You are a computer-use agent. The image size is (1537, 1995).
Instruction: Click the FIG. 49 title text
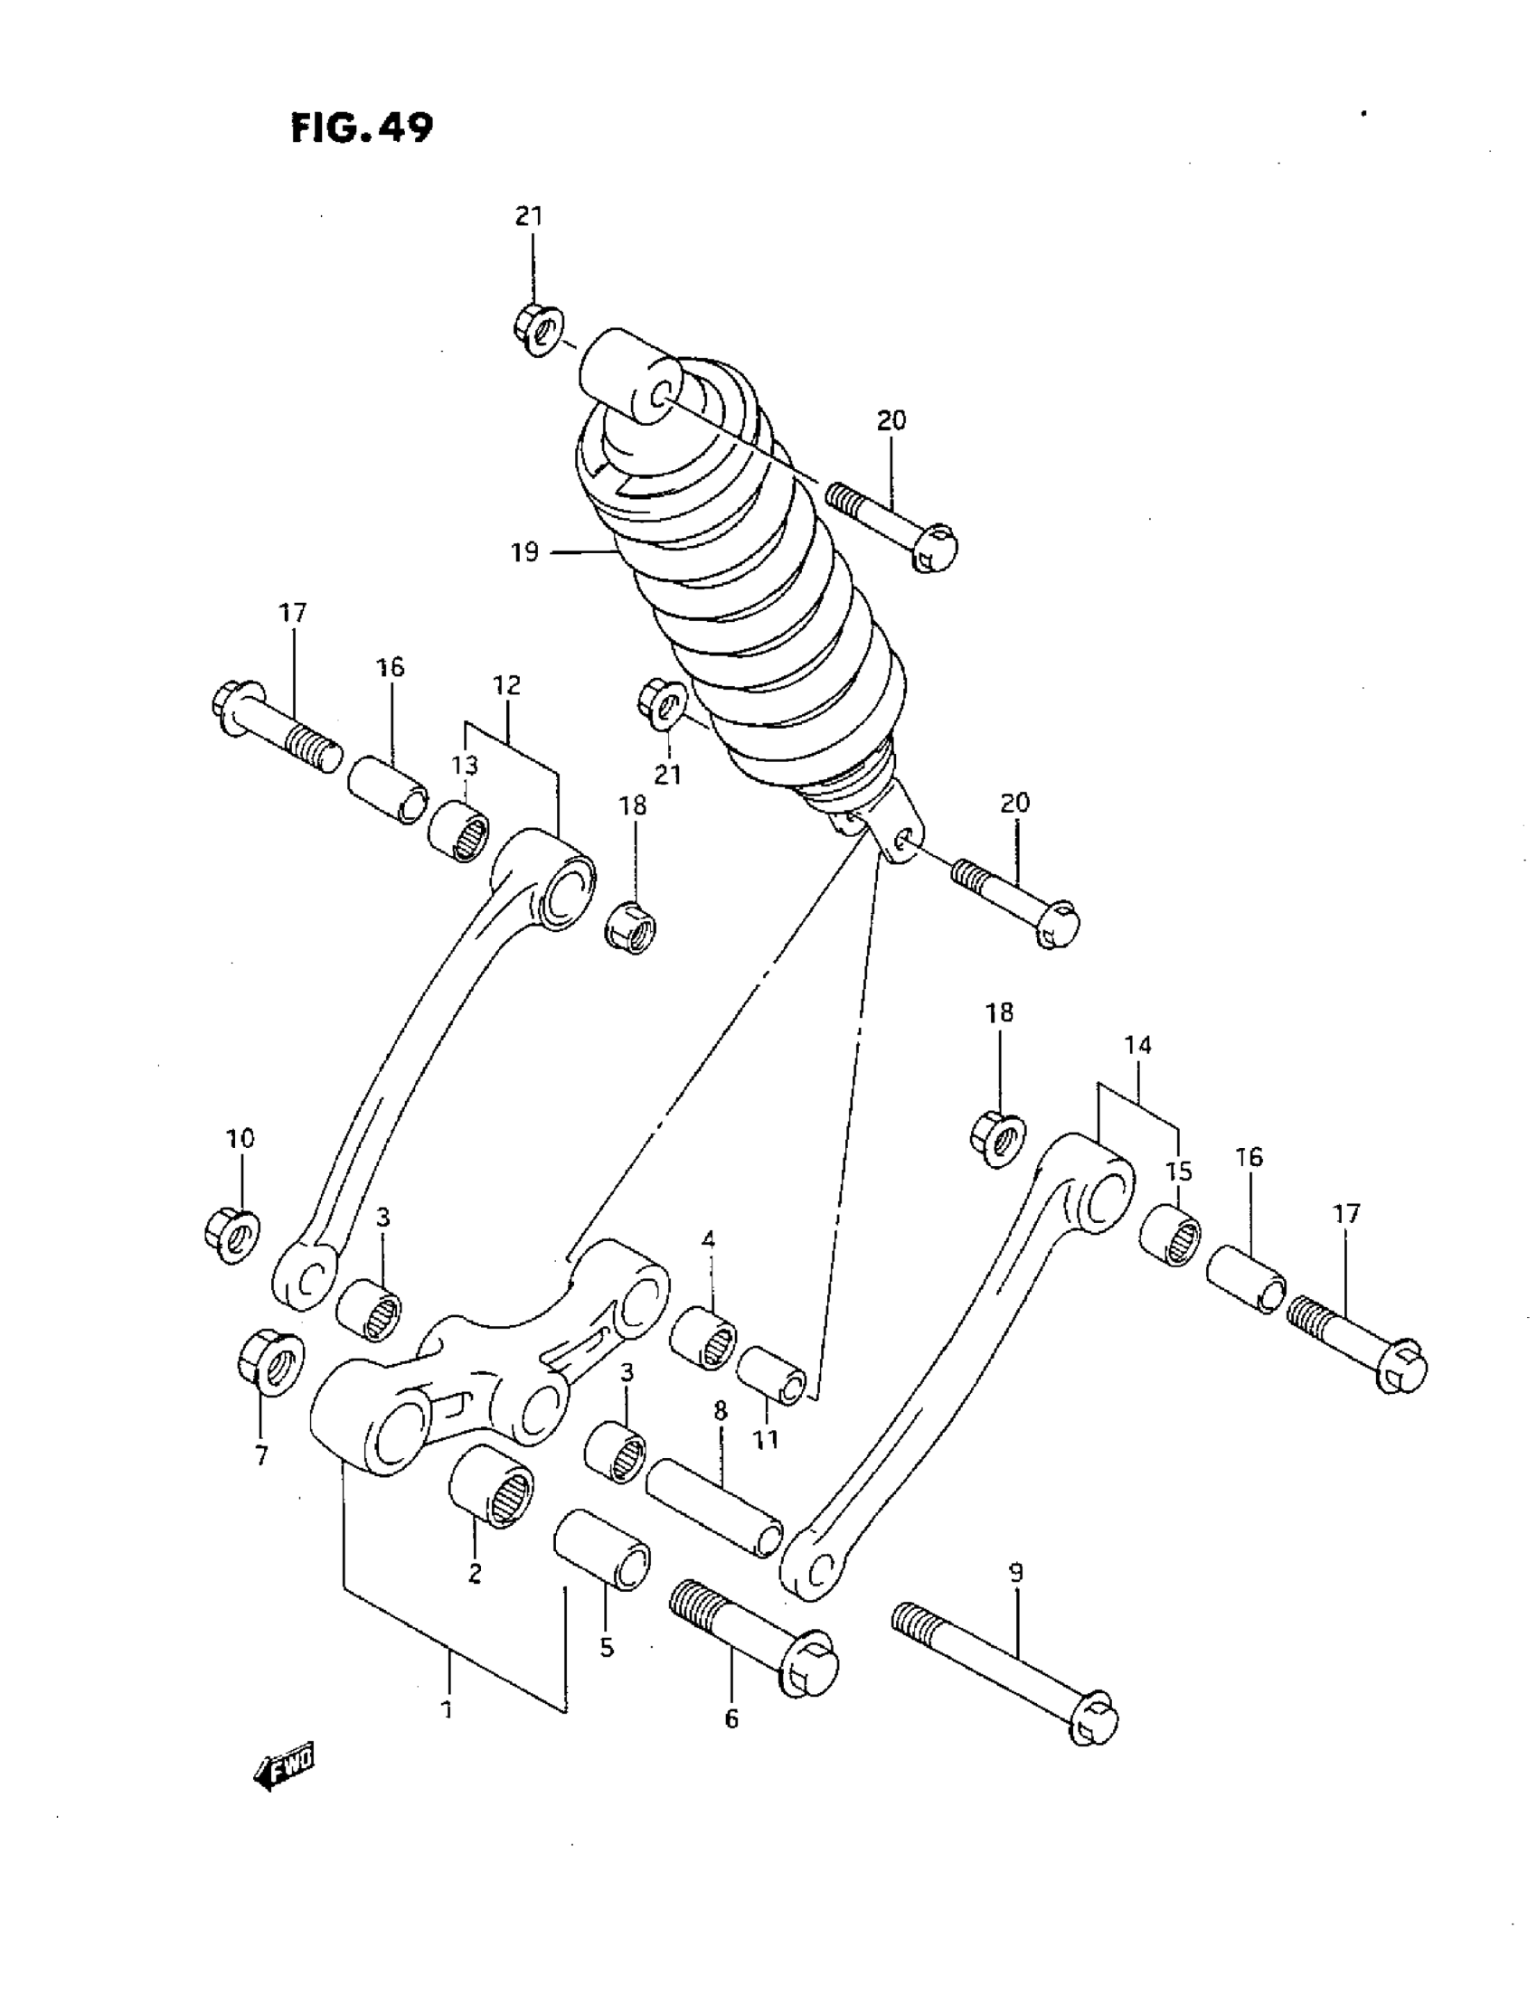coord(361,127)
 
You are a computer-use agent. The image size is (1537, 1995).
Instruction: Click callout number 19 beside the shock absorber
coord(524,552)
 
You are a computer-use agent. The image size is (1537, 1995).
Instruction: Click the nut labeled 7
coord(265,1365)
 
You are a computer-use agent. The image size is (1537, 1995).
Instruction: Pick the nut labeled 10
coord(231,1234)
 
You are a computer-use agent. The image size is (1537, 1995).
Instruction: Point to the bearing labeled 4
coord(702,1341)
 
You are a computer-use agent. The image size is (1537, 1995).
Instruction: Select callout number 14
coord(1137,1045)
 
